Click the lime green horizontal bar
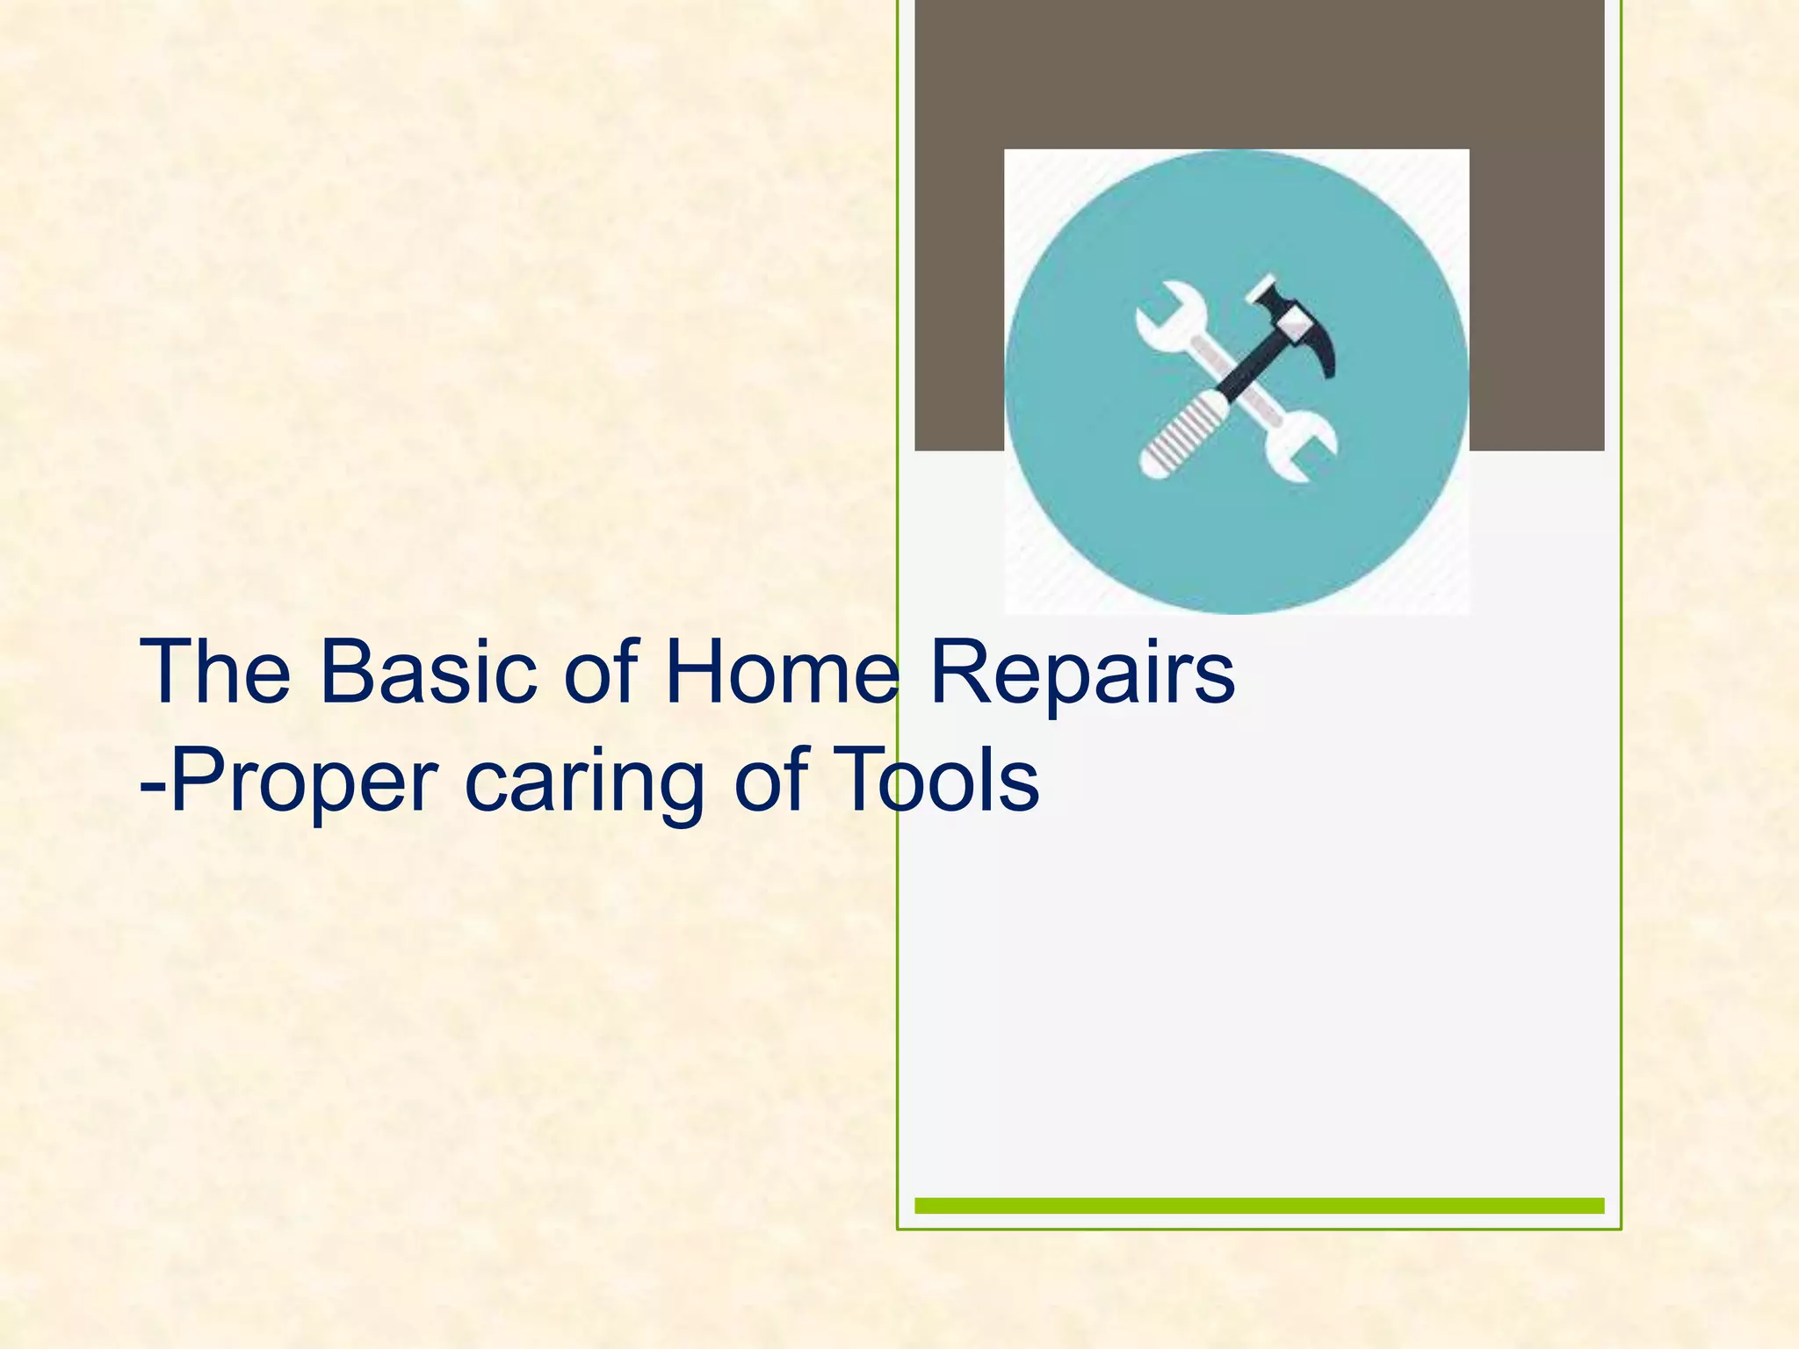1259,1205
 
